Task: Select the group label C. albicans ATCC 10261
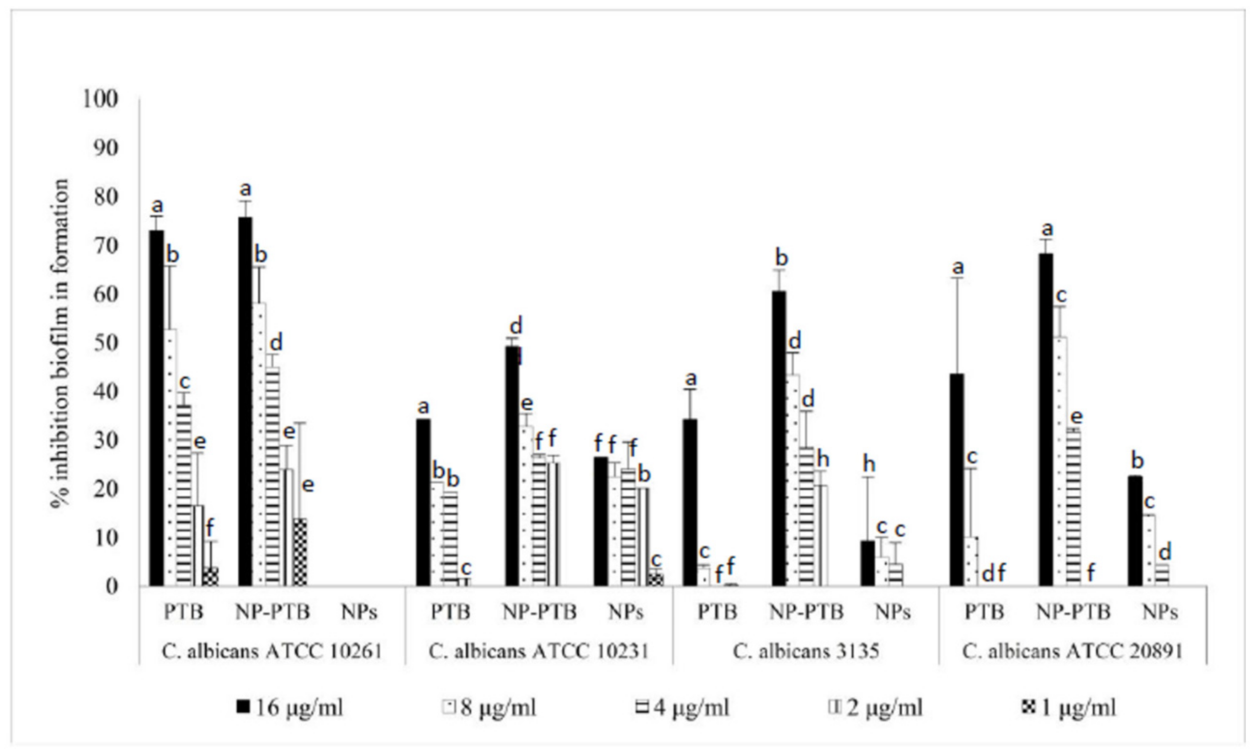point(272,651)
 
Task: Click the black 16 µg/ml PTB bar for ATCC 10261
point(157,408)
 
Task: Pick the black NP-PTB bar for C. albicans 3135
point(779,438)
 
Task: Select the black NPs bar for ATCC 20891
point(1135,531)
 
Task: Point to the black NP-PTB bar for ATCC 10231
point(512,466)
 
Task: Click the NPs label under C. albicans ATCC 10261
point(359,612)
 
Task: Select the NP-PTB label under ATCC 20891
point(1073,612)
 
